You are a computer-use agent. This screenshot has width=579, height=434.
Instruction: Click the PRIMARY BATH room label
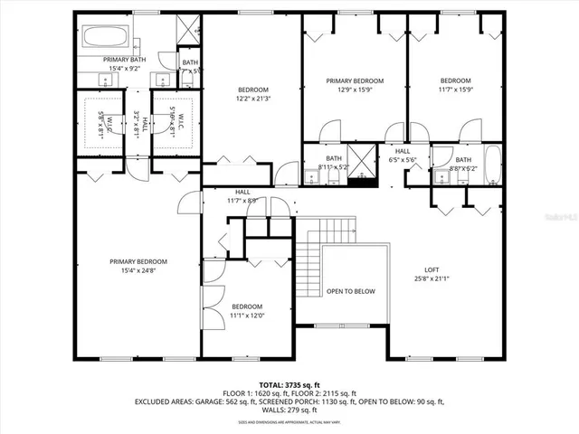124,59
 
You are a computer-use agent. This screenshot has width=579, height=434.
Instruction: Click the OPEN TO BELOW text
351,291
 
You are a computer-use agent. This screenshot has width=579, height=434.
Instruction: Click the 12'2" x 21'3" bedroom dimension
252,99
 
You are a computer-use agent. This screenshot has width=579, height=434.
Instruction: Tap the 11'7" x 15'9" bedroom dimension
455,90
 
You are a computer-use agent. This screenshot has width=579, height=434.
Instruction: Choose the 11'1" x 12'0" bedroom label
247,316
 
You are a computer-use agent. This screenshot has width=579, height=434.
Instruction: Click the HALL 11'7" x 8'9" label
243,196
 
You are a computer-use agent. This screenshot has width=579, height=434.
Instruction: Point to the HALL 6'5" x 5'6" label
403,156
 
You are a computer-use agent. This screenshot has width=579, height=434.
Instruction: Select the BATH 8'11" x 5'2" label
334,163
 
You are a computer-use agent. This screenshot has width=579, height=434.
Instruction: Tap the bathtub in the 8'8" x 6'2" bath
491,166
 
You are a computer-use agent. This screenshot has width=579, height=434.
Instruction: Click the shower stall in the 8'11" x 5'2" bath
362,163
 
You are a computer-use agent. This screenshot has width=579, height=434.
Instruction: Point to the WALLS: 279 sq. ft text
289,409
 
